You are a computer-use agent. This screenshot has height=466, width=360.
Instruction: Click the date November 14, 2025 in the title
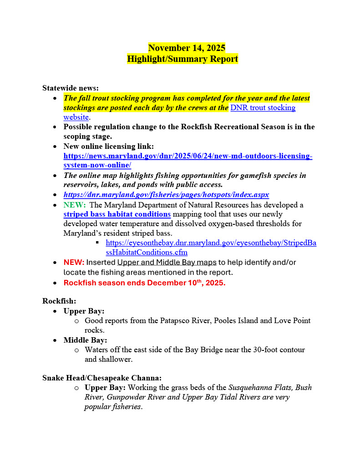(x=187, y=48)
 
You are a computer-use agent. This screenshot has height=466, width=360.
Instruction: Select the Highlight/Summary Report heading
(x=182, y=59)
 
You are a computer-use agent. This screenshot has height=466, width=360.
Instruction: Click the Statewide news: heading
(x=71, y=88)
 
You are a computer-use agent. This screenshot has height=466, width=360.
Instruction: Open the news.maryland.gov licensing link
(x=188, y=156)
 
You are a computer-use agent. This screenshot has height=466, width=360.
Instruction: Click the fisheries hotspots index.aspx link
(x=166, y=195)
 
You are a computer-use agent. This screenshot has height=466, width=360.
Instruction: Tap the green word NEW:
(x=74, y=205)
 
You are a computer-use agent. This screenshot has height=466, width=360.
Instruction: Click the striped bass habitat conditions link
(x=117, y=214)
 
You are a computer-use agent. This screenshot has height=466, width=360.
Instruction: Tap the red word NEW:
(x=74, y=263)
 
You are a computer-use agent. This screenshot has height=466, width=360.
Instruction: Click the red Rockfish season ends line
(x=144, y=283)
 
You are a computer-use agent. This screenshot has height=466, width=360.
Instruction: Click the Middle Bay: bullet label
(x=85, y=340)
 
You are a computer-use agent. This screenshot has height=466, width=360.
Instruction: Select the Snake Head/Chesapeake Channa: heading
(x=102, y=378)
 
